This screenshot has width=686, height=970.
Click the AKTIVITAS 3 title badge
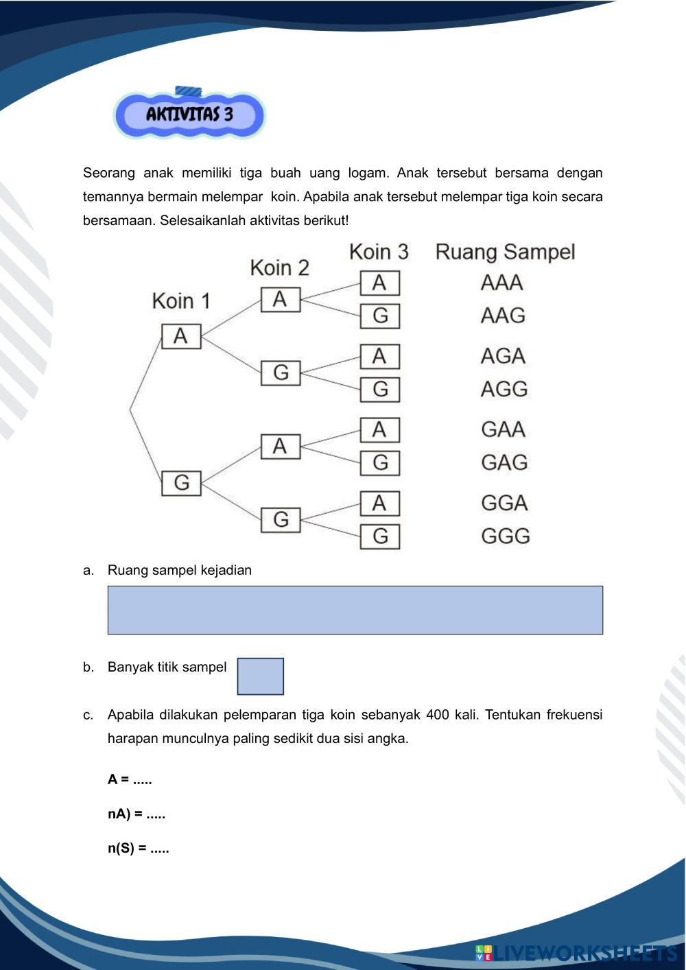(x=189, y=114)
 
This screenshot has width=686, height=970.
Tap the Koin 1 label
(x=181, y=300)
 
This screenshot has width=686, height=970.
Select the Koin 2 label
(x=279, y=267)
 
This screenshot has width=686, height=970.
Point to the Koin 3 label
(x=379, y=251)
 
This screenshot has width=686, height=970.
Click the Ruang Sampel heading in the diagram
(x=505, y=252)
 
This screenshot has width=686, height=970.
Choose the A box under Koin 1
(x=181, y=336)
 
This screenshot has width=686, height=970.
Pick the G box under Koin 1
(x=181, y=482)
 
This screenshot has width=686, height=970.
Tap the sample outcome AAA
(x=502, y=283)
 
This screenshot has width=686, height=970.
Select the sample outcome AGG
(x=504, y=389)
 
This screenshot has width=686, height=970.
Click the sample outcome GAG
(x=504, y=462)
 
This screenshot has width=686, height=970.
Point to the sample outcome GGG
(x=506, y=536)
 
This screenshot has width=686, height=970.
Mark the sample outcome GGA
(x=504, y=503)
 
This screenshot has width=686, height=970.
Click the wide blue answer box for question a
(x=355, y=610)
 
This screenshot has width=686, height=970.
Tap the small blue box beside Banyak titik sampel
(x=260, y=676)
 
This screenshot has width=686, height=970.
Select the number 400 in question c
(x=437, y=715)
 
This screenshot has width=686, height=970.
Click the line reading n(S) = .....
(x=138, y=849)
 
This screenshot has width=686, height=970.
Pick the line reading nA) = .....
(x=136, y=814)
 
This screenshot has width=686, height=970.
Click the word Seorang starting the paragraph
(x=108, y=173)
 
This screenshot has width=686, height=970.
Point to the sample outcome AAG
(x=503, y=316)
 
